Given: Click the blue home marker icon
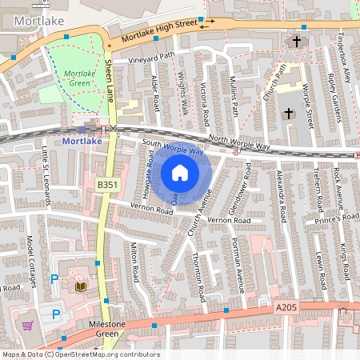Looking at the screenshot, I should (180, 172).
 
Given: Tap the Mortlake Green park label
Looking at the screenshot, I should (77, 78).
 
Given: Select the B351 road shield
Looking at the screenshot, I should (106, 185).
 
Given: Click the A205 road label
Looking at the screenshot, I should (286, 306).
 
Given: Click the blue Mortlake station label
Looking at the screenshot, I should (82, 142).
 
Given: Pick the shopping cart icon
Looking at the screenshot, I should (28, 326).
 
